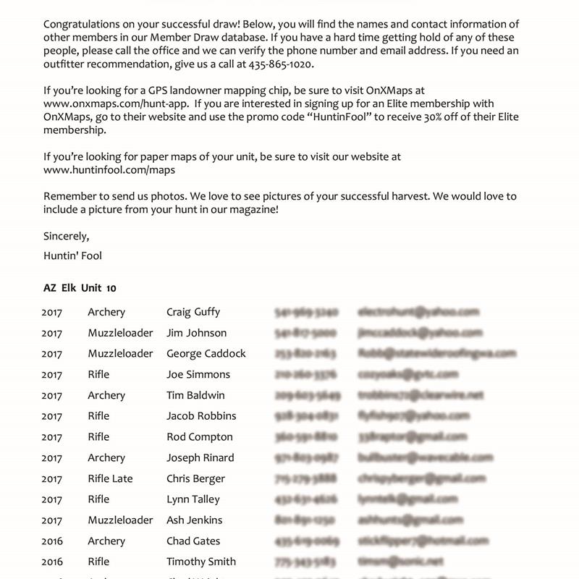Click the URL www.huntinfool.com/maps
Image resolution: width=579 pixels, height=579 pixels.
point(109,170)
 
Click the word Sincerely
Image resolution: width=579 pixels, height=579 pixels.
point(66,236)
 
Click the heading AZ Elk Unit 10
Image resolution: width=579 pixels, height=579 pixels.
point(80,288)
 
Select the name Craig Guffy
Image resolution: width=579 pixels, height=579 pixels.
point(193,312)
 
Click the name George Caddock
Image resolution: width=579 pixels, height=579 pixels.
point(206,354)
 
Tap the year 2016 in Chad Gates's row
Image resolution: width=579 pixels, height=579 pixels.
point(52,541)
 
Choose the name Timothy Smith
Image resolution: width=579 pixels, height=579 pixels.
point(201,562)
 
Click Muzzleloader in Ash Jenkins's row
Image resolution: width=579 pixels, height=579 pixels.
point(120,520)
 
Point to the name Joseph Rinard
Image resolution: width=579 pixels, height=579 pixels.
point(199,457)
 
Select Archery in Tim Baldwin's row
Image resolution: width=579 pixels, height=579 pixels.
point(106,395)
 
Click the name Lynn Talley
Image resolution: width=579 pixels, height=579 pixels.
point(193,499)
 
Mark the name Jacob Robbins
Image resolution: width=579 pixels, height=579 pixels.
point(201,416)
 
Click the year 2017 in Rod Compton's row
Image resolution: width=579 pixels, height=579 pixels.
point(52,437)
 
